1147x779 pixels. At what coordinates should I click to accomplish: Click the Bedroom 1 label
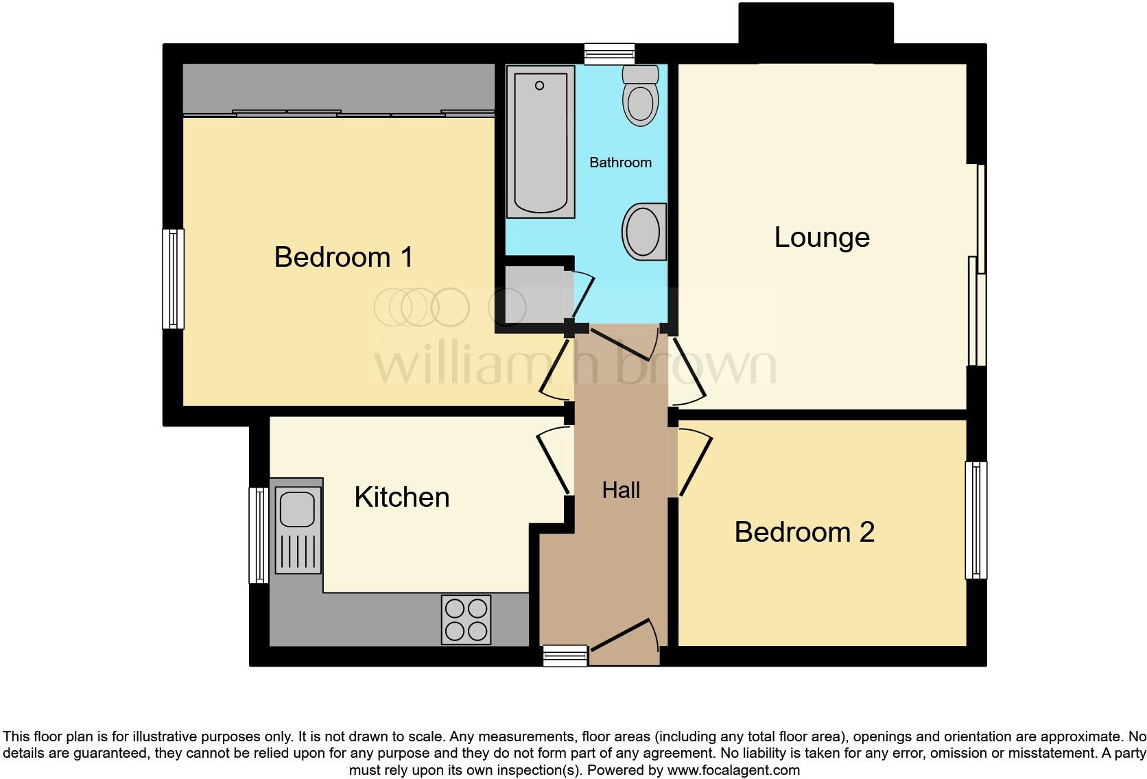[x=344, y=257]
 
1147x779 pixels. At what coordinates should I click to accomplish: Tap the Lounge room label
[x=822, y=237]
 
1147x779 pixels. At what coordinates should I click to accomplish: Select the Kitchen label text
[x=401, y=497]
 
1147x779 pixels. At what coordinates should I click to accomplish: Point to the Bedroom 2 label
[x=804, y=532]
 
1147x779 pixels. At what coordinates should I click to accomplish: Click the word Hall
[x=621, y=490]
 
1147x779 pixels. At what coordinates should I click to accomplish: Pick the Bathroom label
[x=620, y=163]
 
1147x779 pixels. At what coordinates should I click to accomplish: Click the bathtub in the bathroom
[x=541, y=141]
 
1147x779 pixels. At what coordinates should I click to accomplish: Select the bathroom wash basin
[x=645, y=231]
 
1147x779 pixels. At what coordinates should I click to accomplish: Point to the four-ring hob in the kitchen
[x=466, y=619]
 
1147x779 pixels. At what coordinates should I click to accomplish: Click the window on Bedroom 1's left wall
[x=173, y=278]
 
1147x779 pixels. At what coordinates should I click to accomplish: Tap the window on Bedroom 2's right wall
[x=976, y=520]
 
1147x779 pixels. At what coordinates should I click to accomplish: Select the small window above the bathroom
[x=609, y=53]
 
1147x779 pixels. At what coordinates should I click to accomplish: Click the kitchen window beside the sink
[x=259, y=535]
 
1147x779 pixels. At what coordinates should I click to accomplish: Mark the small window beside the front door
[x=565, y=656]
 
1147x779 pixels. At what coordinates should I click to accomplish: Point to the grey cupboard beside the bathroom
[x=532, y=294]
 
